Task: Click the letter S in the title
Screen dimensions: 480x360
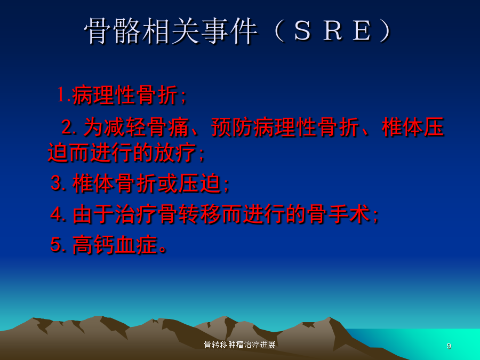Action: (x=302, y=30)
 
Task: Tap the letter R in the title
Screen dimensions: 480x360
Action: (x=332, y=30)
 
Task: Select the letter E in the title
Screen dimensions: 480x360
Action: (x=362, y=30)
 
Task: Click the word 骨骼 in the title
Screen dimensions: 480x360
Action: (x=113, y=30)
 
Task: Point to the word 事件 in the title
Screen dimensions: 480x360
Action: (x=229, y=30)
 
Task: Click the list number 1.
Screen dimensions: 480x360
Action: (x=62, y=94)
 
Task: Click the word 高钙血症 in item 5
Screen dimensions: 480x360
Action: (x=115, y=244)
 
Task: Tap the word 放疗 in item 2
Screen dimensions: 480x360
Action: (x=175, y=152)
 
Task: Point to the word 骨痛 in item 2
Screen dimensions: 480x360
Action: (x=167, y=127)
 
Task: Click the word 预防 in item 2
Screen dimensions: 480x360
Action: (x=232, y=127)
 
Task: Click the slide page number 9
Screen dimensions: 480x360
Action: (x=449, y=346)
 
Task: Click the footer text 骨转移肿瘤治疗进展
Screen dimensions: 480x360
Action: (x=239, y=345)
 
